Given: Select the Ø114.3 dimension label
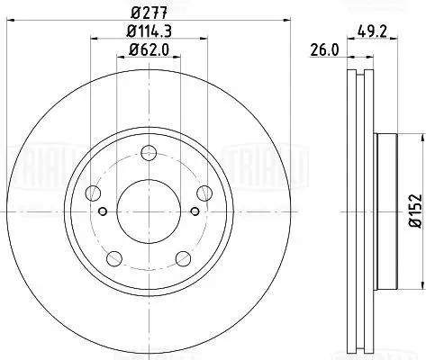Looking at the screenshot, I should [151, 33].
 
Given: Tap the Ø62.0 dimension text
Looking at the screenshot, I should [151, 51].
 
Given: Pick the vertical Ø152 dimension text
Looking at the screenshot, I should [414, 209].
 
